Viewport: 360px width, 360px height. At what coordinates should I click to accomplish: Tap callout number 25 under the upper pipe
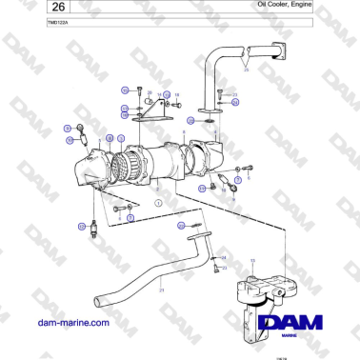coord(245,70)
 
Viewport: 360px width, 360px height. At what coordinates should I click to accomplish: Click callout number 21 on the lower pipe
coord(163,289)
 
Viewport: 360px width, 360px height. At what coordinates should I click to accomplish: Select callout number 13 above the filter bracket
coord(251,261)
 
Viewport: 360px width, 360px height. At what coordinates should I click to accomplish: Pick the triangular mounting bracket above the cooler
coord(149,118)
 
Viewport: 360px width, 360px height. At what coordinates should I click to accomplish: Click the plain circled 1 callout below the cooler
coord(159,204)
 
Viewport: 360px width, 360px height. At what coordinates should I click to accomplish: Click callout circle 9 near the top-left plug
coord(67,127)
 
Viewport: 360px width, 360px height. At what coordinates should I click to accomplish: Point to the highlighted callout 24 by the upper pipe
coord(193,121)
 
